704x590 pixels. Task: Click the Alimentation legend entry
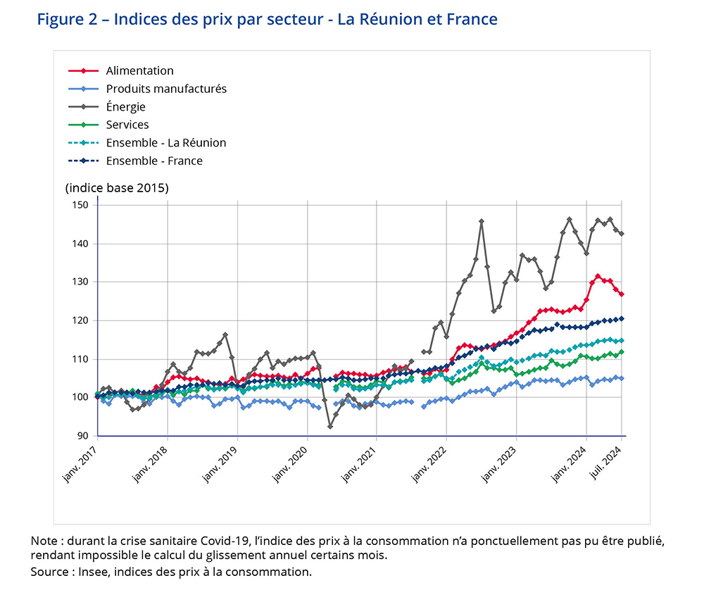(x=139, y=71)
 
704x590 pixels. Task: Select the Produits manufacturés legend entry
(x=166, y=89)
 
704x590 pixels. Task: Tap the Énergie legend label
(x=125, y=107)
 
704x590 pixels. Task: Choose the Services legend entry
(x=127, y=125)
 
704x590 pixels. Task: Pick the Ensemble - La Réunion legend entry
(x=166, y=143)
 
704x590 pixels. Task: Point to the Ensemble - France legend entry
(x=154, y=161)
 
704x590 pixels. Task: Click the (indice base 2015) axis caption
(x=117, y=189)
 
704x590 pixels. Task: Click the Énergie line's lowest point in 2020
(x=329, y=427)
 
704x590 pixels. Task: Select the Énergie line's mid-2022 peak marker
(x=482, y=221)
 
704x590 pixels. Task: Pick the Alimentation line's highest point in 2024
(x=598, y=276)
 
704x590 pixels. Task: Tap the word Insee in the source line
(x=98, y=571)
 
